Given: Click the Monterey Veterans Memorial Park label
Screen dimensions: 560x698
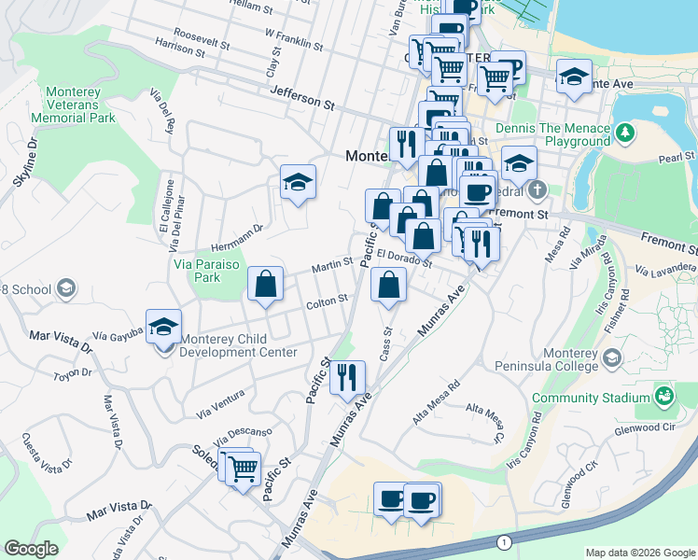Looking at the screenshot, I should coord(78,105).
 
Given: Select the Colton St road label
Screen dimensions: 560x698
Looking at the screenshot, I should coord(327,301).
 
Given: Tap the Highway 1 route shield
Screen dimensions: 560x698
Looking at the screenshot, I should coord(505,541).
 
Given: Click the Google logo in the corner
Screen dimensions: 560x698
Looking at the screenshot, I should coord(31,548).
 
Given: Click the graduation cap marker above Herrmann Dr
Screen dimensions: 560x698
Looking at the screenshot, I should coord(298,182).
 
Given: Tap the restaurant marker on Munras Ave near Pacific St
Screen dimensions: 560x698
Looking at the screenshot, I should coord(346,376).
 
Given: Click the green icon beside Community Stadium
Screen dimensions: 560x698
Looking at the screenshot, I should coord(663,399).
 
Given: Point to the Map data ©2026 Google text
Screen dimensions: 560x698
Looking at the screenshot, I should coord(639,553).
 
